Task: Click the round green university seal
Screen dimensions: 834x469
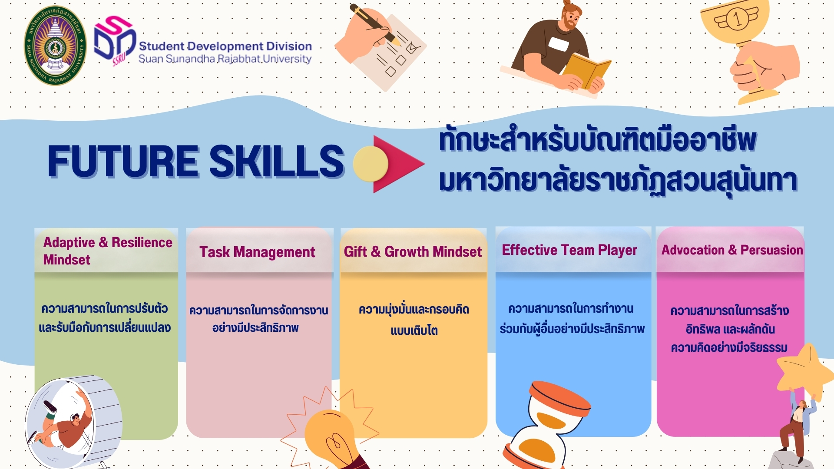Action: coord(55,45)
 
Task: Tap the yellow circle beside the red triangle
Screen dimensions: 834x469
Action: coord(370,164)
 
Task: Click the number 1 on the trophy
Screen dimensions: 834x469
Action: coord(737,19)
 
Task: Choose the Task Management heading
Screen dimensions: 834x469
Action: coord(257,252)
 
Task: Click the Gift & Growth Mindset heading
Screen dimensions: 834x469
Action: coord(413,251)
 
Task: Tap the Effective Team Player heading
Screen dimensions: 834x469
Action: coord(569,250)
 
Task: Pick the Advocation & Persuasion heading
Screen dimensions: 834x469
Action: coord(732,250)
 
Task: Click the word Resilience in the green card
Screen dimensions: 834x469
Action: coord(142,242)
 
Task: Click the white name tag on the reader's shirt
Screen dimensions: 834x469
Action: coord(559,44)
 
